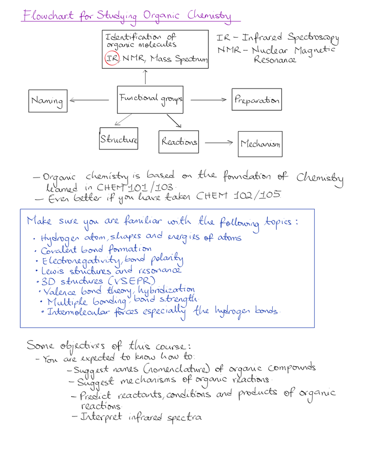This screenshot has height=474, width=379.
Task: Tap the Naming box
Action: pos(48,101)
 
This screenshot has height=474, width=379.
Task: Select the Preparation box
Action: pos(257,100)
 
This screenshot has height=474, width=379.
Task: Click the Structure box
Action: pos(118,138)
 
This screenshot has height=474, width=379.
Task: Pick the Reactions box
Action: pos(178,142)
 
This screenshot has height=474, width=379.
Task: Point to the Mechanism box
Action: pos(260,144)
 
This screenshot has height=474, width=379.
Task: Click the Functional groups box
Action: pos(150,100)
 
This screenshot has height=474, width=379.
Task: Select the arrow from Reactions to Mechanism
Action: pos(219,142)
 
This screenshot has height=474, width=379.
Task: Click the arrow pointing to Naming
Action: pos(89,100)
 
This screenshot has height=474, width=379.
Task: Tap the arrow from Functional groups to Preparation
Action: pos(208,100)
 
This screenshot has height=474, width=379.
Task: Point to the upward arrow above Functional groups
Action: pos(146,77)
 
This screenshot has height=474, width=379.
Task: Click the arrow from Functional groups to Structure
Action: pos(123,119)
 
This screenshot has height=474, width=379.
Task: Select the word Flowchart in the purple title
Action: pos(48,15)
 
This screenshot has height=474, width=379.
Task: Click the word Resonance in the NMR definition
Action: pos(275,59)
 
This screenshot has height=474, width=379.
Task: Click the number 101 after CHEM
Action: pos(138,187)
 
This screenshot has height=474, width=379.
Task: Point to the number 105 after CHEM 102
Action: pos(270,194)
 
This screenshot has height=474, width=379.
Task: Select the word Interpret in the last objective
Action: pos(101,417)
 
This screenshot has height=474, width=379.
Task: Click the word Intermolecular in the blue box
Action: pos(78,311)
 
